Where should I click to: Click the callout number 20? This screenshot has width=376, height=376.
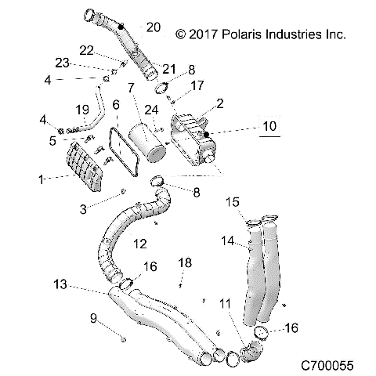click(x=153, y=27)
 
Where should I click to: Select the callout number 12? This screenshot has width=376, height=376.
click(x=139, y=244)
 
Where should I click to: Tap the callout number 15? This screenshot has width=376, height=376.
click(x=233, y=203)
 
